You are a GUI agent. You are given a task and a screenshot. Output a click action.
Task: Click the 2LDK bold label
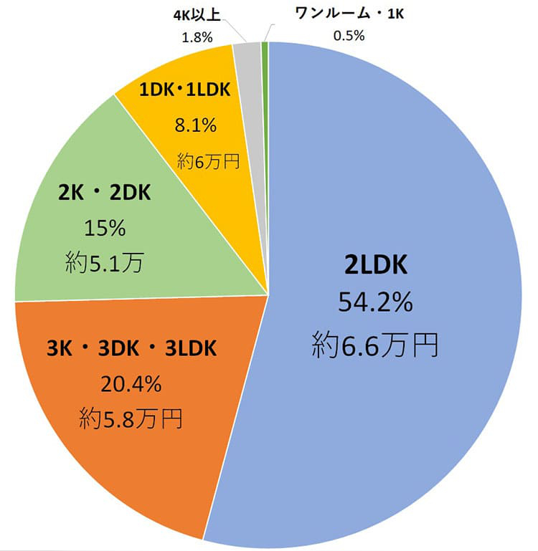point(375,265)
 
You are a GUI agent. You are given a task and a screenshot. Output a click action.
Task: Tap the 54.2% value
point(375,303)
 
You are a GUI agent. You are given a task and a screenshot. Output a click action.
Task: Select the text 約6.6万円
point(375,346)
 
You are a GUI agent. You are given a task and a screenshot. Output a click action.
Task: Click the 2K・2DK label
point(105,193)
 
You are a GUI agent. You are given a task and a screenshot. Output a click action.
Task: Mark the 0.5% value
point(349,34)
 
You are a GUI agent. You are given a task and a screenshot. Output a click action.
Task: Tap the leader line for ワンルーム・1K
point(267,32)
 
